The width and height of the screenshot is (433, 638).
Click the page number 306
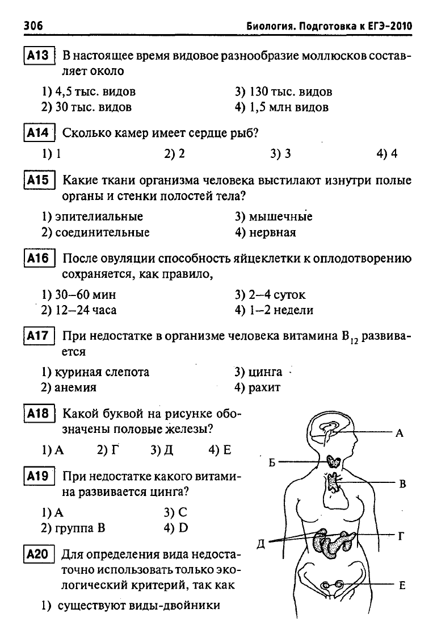(33, 26)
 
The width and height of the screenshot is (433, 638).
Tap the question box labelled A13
(39, 55)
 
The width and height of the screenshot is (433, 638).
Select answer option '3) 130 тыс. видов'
(283, 92)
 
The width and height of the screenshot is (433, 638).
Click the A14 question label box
(39, 133)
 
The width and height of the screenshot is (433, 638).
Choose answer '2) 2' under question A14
(174, 154)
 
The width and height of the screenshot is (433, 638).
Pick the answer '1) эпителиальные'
(93, 216)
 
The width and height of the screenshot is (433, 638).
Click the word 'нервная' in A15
(272, 233)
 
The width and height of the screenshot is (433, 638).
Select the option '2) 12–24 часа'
(79, 310)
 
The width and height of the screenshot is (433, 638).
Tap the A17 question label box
(39, 336)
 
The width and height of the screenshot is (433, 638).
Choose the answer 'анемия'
(75, 387)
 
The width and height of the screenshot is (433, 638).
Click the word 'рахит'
(264, 387)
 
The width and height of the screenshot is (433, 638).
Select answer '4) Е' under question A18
(220, 450)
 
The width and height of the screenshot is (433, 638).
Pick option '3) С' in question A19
(175, 512)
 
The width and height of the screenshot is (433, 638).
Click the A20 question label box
(39, 554)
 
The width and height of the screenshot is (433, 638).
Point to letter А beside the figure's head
(400, 433)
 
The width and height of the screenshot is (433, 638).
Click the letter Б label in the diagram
(272, 462)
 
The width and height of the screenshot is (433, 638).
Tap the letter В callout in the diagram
(402, 484)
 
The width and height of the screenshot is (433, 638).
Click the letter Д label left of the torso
(261, 544)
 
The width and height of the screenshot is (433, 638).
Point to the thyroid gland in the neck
(335, 461)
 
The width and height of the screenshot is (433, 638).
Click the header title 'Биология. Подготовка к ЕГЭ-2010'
(329, 27)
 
